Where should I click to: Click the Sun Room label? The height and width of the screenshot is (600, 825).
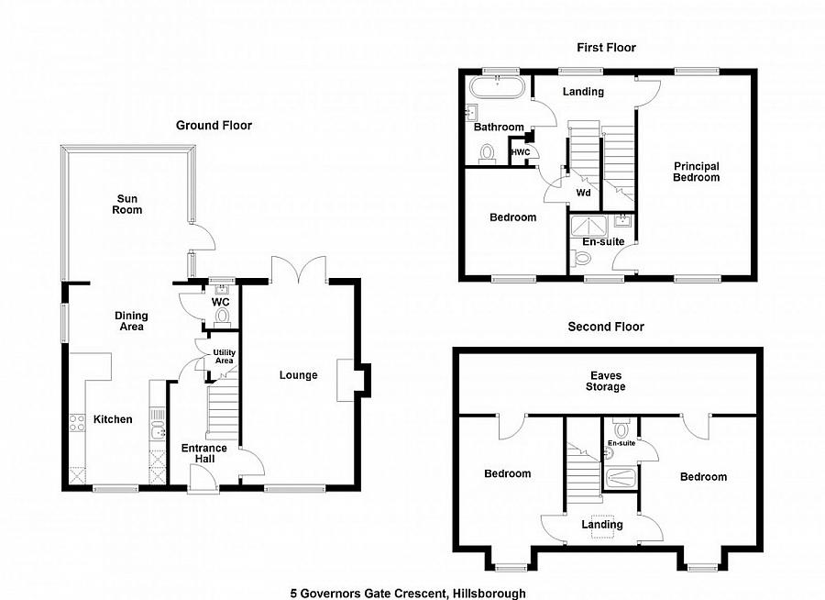tap(126, 204)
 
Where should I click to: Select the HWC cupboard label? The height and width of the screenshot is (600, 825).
tap(521, 152)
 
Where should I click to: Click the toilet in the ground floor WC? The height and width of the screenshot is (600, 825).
tap(223, 317)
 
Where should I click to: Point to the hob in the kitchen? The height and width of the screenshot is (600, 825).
tap(77, 422)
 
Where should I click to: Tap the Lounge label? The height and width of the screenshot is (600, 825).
tap(298, 375)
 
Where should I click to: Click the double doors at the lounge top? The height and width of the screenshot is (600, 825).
tap(299, 269)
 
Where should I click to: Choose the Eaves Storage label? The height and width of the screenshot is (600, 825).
tap(606, 381)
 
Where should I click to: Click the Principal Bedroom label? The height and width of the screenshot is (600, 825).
tap(696, 172)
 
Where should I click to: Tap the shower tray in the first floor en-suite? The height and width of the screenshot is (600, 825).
tap(588, 226)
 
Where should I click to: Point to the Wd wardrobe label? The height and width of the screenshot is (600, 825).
tap(583, 193)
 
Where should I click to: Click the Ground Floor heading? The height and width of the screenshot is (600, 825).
tap(214, 126)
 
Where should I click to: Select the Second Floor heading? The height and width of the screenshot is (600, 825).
tap(606, 327)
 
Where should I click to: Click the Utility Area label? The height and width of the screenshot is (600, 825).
tap(225, 357)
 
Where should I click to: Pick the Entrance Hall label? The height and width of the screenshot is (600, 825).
tap(204, 453)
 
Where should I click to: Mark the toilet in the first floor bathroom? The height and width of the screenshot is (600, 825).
tap(488, 154)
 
